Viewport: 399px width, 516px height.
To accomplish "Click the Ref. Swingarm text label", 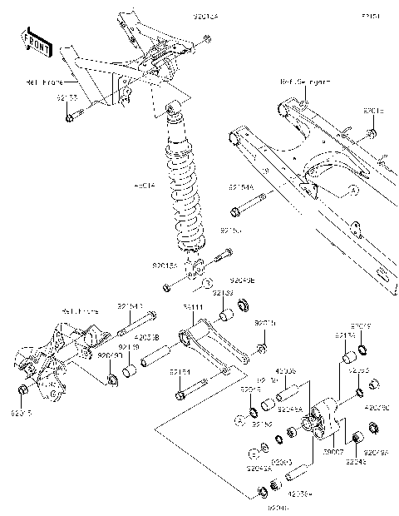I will pyautogui.click(x=304, y=82).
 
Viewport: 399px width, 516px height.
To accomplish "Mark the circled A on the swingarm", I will pyautogui.click(x=352, y=190).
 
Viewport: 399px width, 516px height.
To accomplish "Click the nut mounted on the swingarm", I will pyautogui.click(x=372, y=134).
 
